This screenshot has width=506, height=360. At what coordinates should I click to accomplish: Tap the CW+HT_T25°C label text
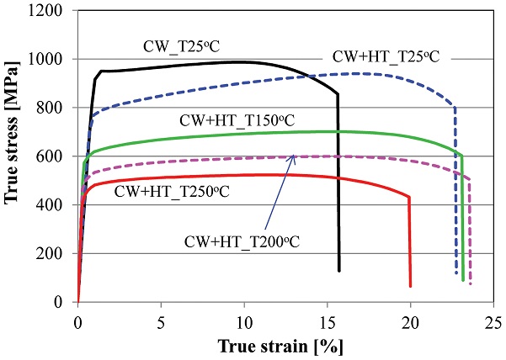pos(386,57)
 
